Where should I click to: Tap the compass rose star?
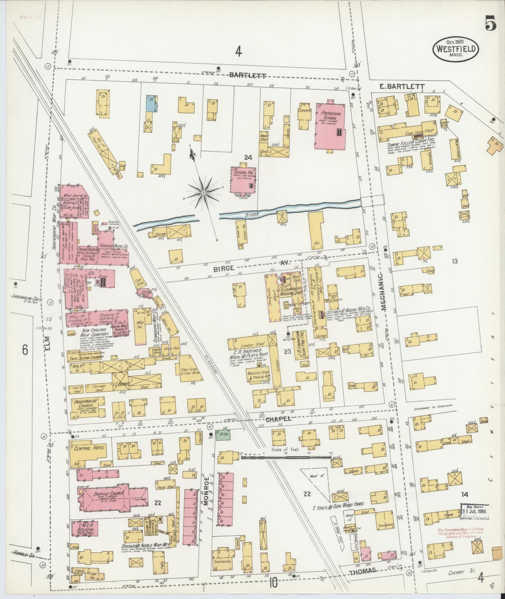[x=203, y=193]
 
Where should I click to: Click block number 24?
[x=248, y=158]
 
